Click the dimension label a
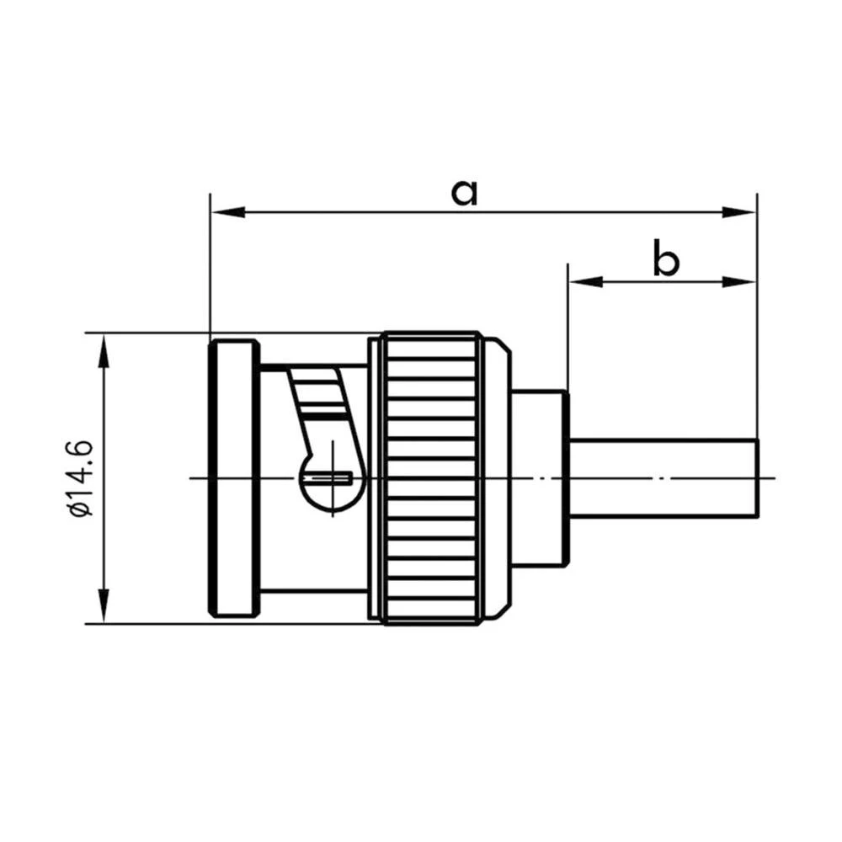(x=464, y=191)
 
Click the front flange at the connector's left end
(x=234, y=477)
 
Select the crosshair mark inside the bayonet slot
(x=335, y=477)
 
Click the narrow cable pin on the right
(x=665, y=477)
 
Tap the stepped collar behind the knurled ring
(x=539, y=477)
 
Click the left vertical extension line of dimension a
(x=209, y=269)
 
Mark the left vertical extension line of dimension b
(x=568, y=328)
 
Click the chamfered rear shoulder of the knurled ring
(x=501, y=477)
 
